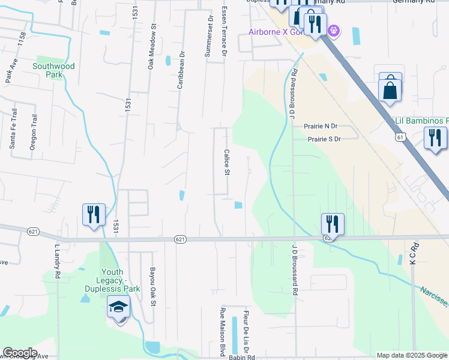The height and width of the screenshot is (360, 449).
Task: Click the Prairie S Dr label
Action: (324, 139)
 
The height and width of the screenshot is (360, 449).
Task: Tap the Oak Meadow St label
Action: (152, 47)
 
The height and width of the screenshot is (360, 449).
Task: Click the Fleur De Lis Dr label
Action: (246, 331)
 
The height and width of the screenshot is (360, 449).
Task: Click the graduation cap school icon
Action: (118, 308)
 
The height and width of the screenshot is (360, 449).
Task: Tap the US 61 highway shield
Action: (400, 137)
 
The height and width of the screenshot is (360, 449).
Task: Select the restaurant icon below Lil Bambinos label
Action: (435, 139)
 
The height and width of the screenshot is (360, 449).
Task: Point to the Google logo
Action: (20, 353)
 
